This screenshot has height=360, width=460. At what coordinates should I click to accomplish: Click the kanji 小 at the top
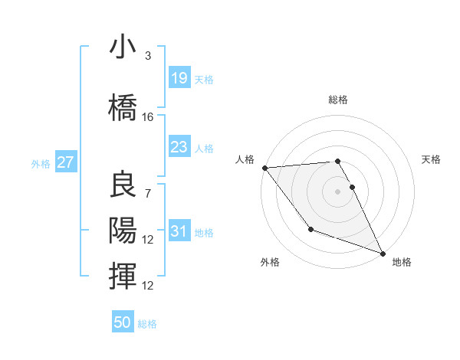(123, 47)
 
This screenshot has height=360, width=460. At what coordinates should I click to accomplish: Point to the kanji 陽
(123, 231)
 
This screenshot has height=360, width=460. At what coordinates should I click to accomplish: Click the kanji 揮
(123, 275)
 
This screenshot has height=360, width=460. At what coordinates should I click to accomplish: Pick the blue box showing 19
(179, 78)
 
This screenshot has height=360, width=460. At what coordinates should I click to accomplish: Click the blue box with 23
(179, 147)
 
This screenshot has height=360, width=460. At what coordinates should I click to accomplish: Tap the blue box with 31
(179, 231)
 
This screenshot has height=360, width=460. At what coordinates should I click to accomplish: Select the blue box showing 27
(65, 162)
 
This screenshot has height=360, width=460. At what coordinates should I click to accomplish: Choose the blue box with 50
(123, 322)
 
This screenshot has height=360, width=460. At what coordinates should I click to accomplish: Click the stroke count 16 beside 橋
(148, 117)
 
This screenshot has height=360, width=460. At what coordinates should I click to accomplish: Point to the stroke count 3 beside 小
(148, 56)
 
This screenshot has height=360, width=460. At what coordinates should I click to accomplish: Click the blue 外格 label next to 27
(41, 163)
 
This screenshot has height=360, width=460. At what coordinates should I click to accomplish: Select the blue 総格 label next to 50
(147, 323)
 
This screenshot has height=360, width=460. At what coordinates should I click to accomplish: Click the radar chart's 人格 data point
(264, 168)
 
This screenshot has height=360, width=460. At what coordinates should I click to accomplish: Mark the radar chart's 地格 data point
(383, 254)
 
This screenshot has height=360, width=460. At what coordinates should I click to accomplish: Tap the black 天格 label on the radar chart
(432, 159)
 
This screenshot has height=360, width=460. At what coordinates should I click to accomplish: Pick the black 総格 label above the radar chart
(338, 100)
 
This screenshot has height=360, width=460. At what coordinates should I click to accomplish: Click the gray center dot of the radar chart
(338, 191)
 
